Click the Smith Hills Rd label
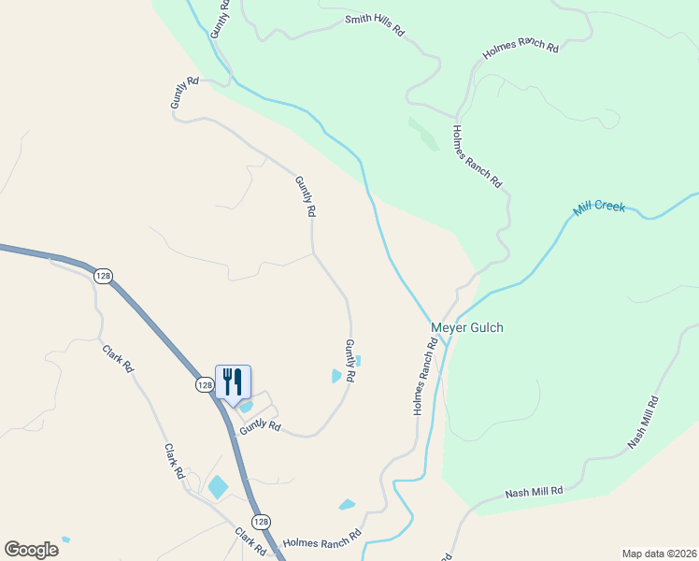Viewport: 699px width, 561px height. tap(374, 24)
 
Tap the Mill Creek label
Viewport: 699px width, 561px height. tap(599, 208)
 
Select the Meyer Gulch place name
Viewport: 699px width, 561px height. tap(466, 327)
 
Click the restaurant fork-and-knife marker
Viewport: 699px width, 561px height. tap(233, 381)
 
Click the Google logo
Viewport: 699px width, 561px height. tap(31, 549)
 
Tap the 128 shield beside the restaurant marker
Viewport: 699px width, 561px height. tap(205, 385)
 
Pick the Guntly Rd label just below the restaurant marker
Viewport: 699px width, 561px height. tap(260, 426)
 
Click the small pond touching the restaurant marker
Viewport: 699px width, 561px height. tap(246, 406)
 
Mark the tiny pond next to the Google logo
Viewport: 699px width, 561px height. tap(64, 539)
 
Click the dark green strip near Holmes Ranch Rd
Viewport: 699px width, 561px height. tap(423, 134)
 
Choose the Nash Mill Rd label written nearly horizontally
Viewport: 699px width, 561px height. tap(534, 491)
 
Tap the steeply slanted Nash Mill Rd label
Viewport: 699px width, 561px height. tap(643, 423)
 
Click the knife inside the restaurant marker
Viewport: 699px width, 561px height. tap(238, 381)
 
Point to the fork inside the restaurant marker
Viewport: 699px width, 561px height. tap(227, 381)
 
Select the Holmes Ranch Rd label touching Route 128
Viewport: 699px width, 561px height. tap(321, 540)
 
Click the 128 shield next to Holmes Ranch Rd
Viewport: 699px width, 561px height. tap(262, 520)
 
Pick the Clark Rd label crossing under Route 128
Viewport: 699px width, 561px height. tap(250, 541)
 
